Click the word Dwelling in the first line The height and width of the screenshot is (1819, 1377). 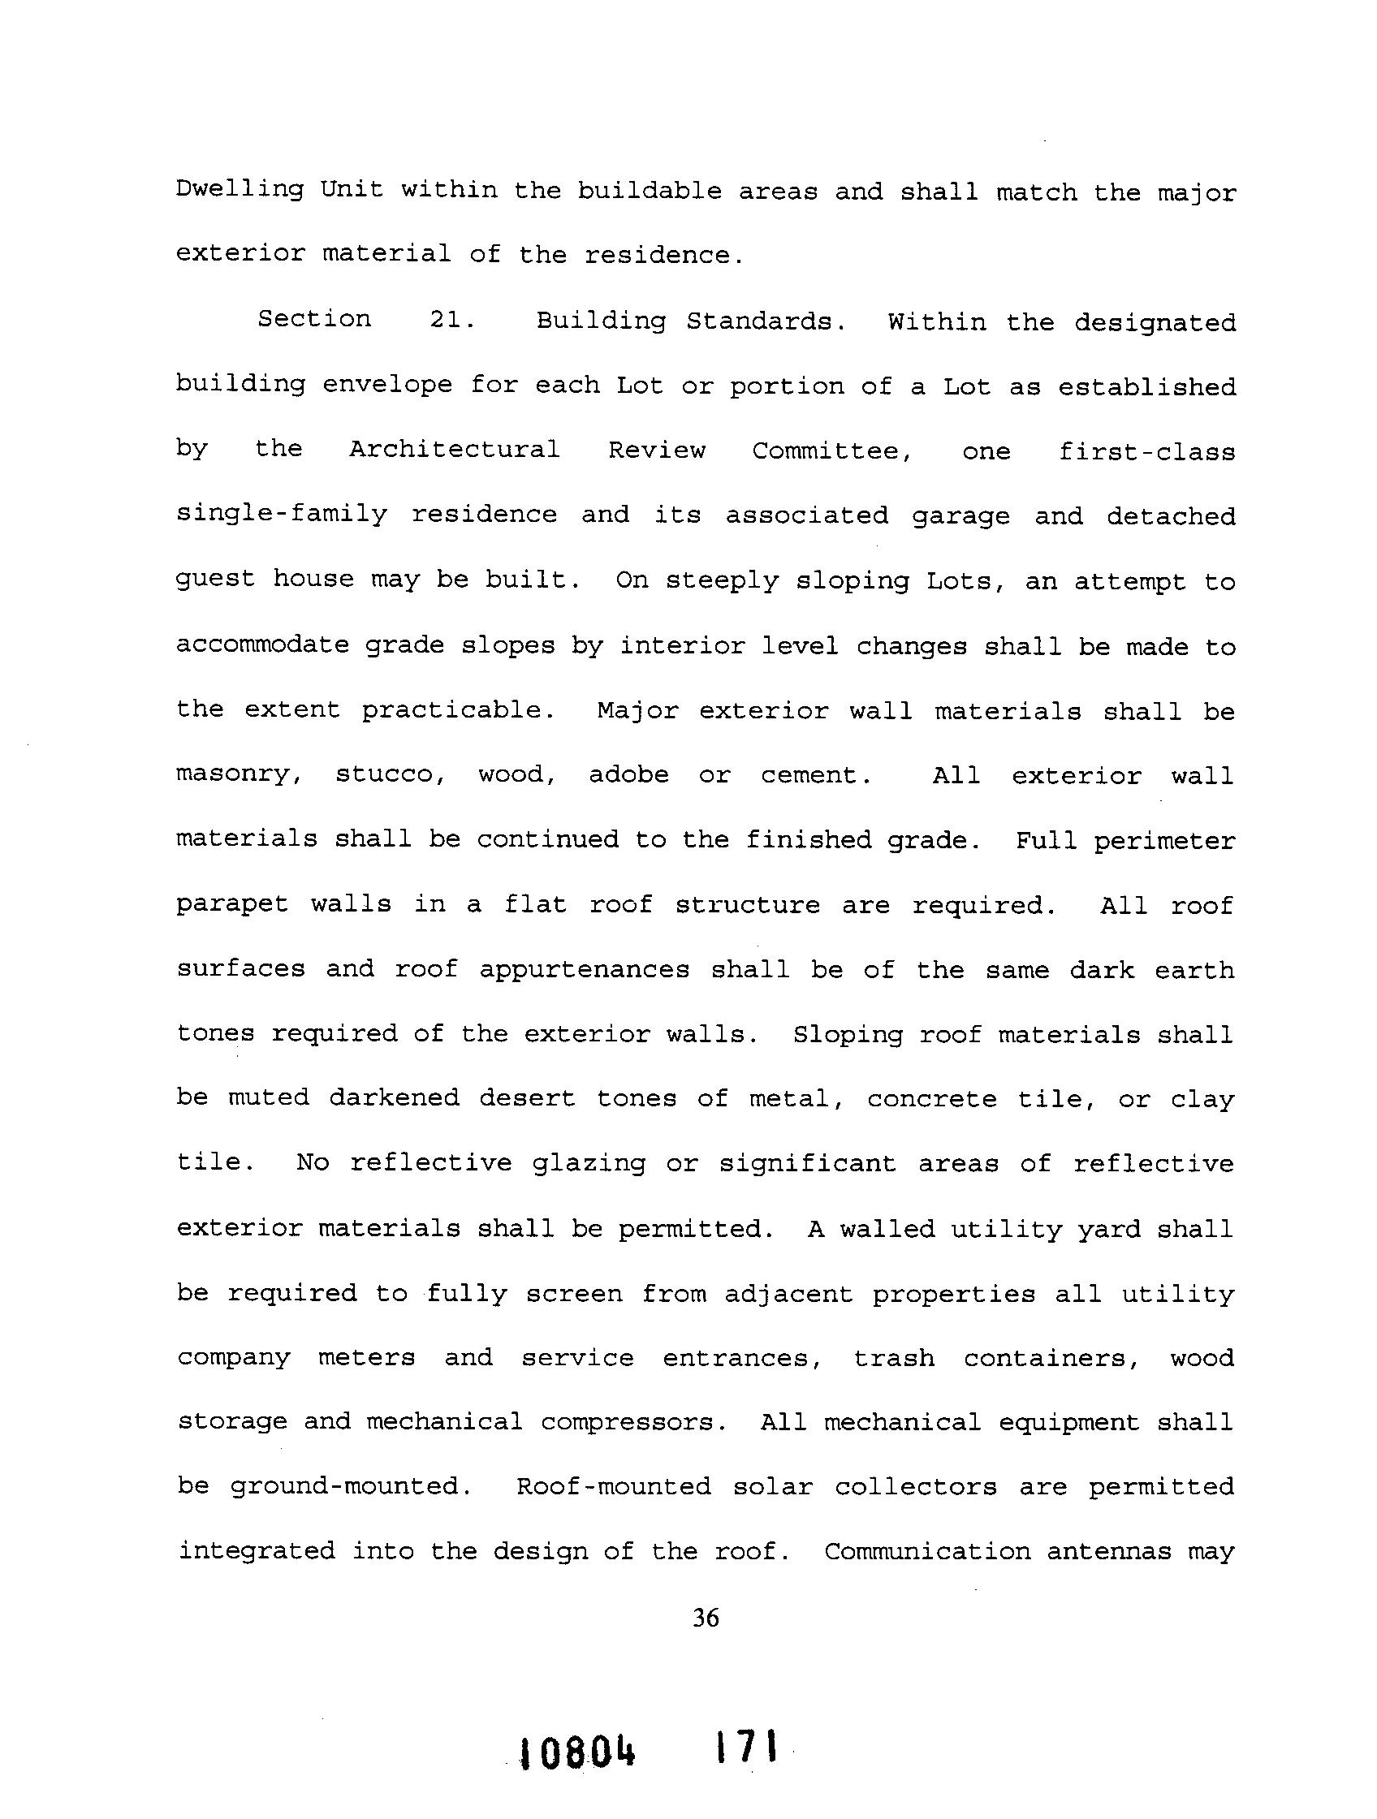(x=240, y=191)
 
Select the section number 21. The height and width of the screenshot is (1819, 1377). (x=451, y=320)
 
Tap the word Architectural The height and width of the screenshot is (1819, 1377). (x=454, y=450)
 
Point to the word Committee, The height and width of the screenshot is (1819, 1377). (x=831, y=451)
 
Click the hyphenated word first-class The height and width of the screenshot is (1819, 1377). (x=1146, y=451)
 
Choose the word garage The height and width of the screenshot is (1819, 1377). (x=960, y=515)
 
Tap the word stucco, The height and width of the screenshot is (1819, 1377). (x=390, y=774)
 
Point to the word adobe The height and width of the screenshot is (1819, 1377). (x=628, y=774)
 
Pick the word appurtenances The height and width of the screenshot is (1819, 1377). (x=584, y=969)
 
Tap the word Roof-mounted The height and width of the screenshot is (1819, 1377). (x=614, y=1486)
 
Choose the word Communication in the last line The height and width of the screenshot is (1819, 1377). (x=927, y=1551)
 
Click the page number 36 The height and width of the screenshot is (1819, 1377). (x=706, y=1619)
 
